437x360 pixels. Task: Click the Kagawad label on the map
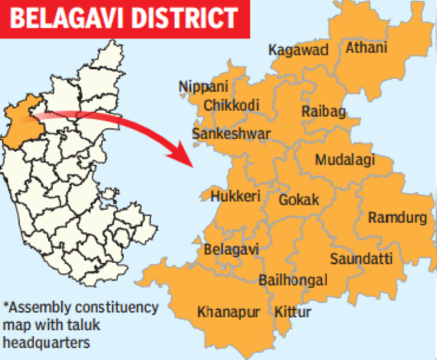tap(299, 50)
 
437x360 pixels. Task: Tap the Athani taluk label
tap(366, 49)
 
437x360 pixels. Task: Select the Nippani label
tap(203, 87)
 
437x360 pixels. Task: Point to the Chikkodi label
tap(232, 106)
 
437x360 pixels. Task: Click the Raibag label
tap(323, 111)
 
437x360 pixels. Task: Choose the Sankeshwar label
tap(231, 134)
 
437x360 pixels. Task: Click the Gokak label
tap(299, 199)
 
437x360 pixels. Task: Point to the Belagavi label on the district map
tap(232, 250)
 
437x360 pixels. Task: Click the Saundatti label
tap(361, 259)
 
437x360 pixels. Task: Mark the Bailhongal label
tap(293, 281)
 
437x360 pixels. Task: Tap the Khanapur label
tap(229, 313)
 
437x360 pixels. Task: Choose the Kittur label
tap(293, 313)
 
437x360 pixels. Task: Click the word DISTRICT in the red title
tap(183, 17)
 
